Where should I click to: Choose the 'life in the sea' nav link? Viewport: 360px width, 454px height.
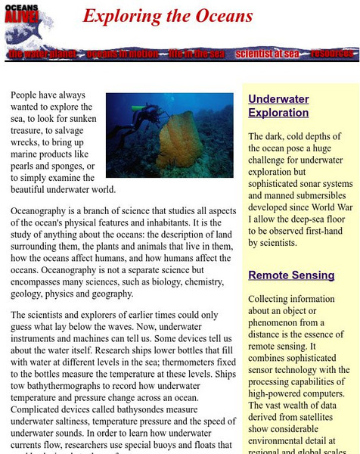[186, 54]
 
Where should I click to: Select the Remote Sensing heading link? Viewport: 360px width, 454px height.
[291, 275]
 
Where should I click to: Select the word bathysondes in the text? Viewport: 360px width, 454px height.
[157, 401]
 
